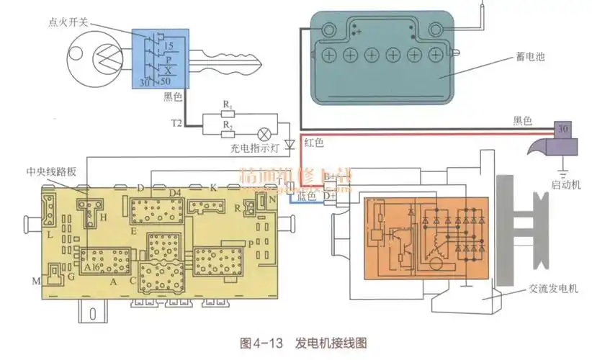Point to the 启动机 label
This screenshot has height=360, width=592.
point(565,185)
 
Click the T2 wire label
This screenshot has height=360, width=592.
point(176,123)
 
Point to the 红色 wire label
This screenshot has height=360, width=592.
point(314,143)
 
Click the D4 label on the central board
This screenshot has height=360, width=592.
point(174,193)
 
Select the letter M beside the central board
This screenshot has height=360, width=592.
point(36,280)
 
